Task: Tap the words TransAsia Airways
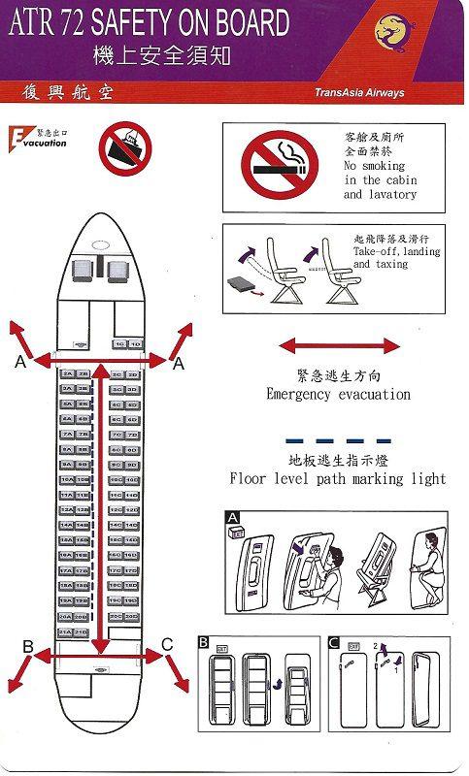click(x=359, y=93)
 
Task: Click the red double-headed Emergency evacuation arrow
click(x=339, y=345)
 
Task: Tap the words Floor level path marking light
click(x=338, y=478)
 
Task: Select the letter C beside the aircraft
click(x=168, y=644)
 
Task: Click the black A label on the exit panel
click(x=233, y=518)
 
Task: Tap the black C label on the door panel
click(x=334, y=642)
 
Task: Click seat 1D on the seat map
click(x=135, y=344)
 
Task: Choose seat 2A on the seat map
click(x=67, y=373)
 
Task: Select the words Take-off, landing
click(x=396, y=251)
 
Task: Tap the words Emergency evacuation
click(x=338, y=395)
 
